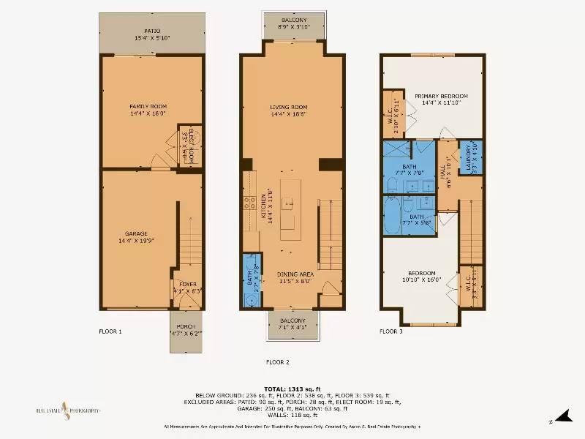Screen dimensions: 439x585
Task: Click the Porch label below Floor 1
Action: tap(185, 330)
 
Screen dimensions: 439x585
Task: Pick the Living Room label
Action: tap(288, 110)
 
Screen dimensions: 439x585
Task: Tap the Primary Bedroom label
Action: tap(441, 100)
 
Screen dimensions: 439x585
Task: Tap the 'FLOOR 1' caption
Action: tap(110, 331)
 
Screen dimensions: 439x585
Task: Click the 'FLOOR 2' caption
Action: tap(277, 361)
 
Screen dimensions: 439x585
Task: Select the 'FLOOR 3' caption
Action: tap(390, 331)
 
